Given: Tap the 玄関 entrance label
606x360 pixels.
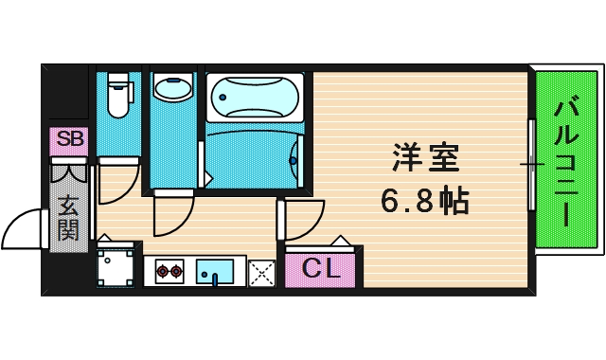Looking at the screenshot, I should click(x=68, y=218).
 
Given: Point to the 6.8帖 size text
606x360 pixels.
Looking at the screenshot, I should click(x=426, y=201).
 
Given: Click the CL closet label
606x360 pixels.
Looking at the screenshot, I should click(x=320, y=269).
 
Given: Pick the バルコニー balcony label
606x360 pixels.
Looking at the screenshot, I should click(x=565, y=160).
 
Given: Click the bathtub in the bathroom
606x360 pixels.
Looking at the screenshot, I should click(x=254, y=96).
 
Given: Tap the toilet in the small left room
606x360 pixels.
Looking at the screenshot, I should click(x=118, y=95).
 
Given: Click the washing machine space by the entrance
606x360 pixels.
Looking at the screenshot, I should click(x=116, y=267).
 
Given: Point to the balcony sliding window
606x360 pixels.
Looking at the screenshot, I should click(x=530, y=163).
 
